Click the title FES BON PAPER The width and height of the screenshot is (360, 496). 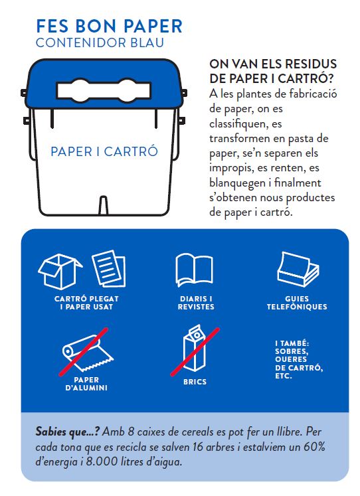point(110,27)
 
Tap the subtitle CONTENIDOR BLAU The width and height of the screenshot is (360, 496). point(100,43)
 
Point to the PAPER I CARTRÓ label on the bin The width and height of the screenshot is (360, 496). point(104,151)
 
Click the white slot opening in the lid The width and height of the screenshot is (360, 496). point(104,90)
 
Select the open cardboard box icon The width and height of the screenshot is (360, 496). point(60,272)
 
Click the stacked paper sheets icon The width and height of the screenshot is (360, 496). point(109,268)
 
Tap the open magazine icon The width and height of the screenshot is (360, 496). point(194,270)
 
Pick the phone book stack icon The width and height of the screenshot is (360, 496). point(298,270)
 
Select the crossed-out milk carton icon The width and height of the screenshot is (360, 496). point(195,351)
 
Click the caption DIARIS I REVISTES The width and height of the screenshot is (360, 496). point(196,303)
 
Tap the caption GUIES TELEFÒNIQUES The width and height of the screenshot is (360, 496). point(297,303)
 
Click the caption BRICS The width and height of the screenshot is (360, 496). point(195,382)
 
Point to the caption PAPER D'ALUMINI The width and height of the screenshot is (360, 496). point(86,384)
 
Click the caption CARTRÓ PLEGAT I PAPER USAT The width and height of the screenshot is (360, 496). point(86,303)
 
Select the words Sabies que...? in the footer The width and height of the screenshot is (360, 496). point(68,432)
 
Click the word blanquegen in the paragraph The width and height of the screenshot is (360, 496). point(237,183)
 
